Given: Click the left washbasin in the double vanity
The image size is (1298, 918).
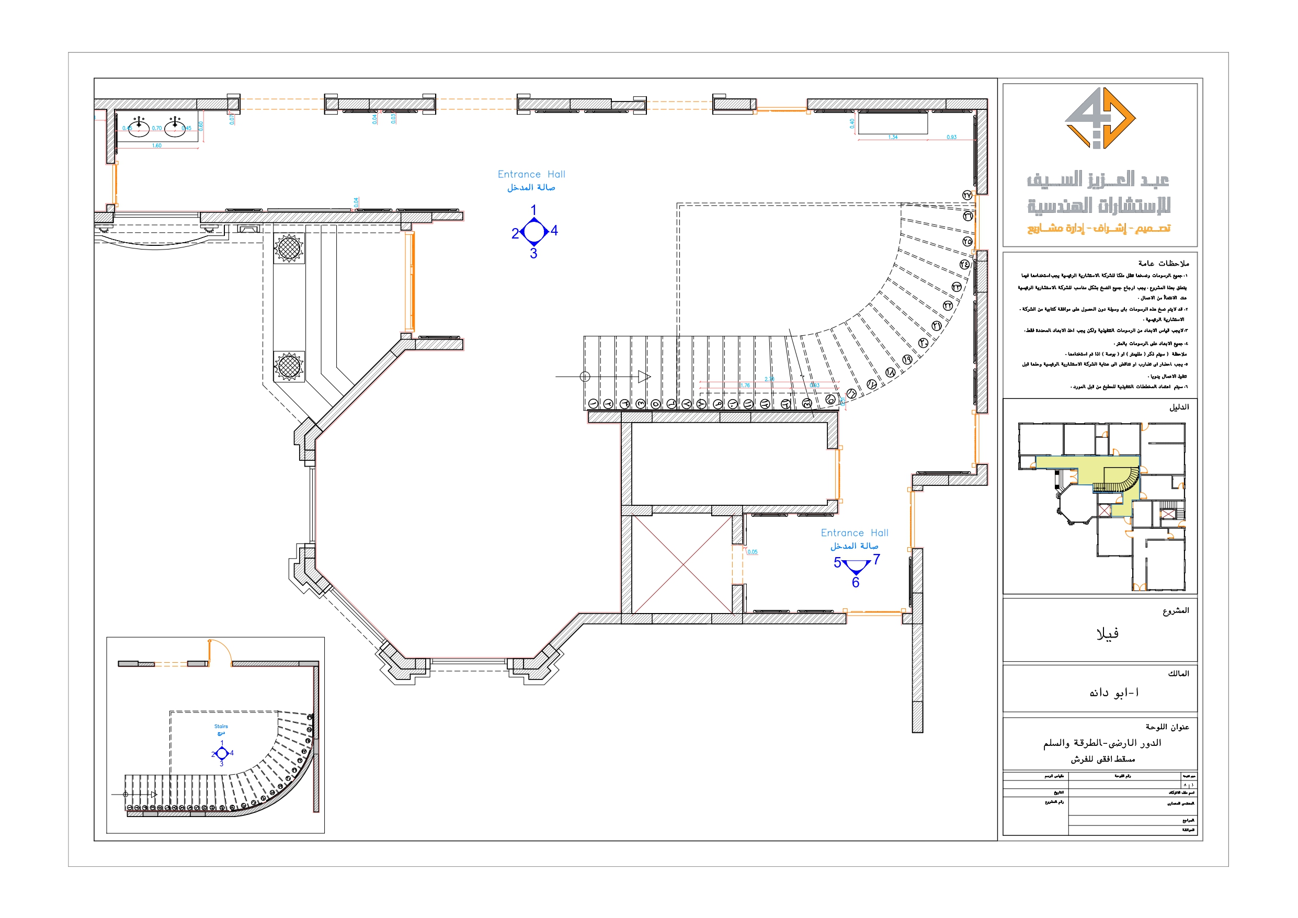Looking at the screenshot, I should [139, 128].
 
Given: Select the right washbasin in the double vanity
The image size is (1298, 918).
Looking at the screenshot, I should [175, 128].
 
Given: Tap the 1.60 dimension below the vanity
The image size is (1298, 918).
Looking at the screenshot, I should [156, 145].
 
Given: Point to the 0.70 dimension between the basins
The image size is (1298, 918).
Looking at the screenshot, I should [156, 128].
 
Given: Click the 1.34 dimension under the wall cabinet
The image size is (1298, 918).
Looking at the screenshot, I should [893, 137].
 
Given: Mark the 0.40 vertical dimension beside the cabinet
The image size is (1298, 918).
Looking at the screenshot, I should [852, 123].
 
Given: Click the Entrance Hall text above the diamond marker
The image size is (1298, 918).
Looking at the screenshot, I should [531, 174].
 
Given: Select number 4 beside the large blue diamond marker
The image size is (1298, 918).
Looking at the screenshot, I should [554, 230].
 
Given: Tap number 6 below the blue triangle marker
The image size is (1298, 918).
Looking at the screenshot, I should [856, 583].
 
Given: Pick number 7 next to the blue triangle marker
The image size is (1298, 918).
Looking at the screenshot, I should [876, 559].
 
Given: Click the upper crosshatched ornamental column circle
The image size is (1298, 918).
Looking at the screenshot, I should [289, 248].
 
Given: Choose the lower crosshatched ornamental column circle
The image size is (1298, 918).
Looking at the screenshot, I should [289, 366].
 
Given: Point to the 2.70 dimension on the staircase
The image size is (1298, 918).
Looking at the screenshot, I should [769, 379].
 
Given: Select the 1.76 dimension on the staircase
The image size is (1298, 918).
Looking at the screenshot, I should [745, 385].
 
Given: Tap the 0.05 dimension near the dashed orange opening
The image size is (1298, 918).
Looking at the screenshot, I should [753, 551].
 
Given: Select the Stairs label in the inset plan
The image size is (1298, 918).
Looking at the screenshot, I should [221, 726].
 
